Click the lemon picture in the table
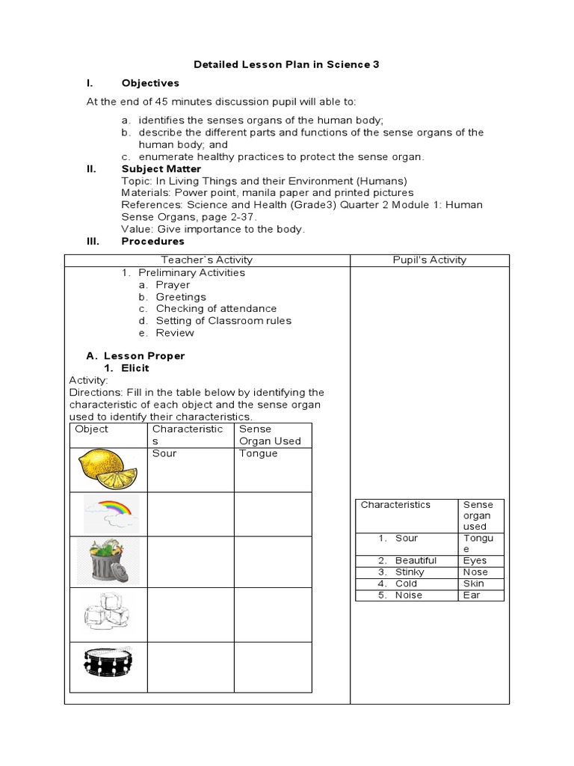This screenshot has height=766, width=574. [x=108, y=469]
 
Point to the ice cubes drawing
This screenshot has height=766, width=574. [x=108, y=613]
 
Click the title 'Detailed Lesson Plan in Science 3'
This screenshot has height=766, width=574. [x=286, y=64]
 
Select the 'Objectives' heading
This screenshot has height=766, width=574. [x=150, y=83]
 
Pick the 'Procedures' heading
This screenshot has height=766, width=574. [x=152, y=241]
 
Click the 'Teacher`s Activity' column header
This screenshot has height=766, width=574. [x=207, y=260]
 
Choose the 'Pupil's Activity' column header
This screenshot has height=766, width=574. [x=429, y=260]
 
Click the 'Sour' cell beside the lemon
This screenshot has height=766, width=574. [x=164, y=453]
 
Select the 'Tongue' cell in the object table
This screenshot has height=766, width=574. [x=258, y=453]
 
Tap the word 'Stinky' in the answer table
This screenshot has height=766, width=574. [x=410, y=572]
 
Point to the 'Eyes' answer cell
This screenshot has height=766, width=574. [x=475, y=560]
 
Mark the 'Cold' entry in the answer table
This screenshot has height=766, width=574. [x=407, y=583]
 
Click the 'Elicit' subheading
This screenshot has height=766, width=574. [x=135, y=368]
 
